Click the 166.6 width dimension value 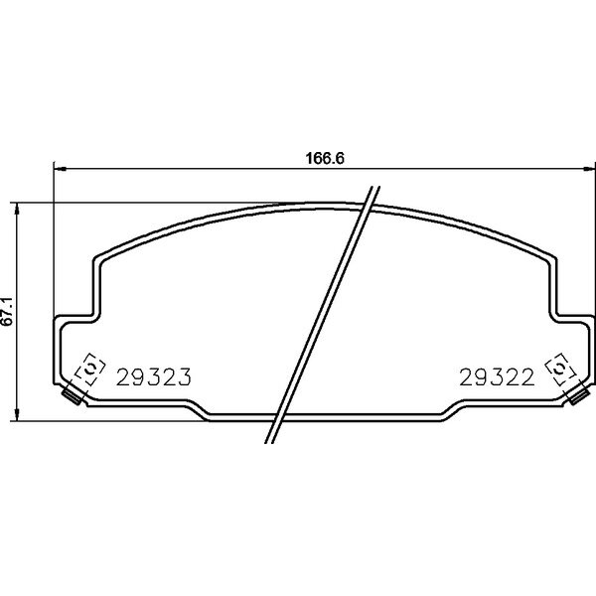click(x=325, y=158)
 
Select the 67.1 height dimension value click(x=7, y=311)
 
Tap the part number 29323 click(x=154, y=377)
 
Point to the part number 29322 click(x=497, y=377)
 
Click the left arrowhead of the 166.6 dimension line click(x=60, y=168)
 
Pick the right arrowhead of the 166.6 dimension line click(x=589, y=168)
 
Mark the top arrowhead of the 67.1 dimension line click(x=16, y=209)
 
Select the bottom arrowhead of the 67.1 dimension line click(x=16, y=414)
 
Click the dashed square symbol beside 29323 click(x=90, y=369)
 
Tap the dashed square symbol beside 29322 click(x=560, y=369)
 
